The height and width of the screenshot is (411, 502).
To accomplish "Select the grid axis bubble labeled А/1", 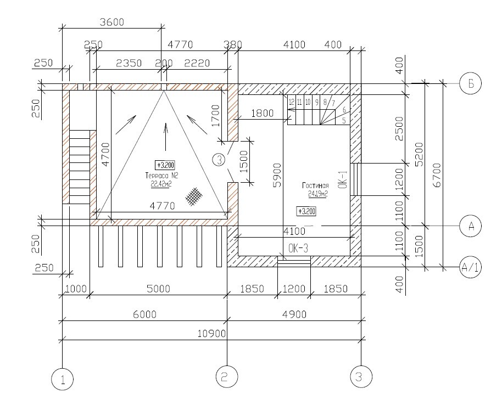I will click(470, 268).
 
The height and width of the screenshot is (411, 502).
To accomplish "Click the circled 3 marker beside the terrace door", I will click(219, 160).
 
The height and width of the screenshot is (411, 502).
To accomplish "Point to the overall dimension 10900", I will click(211, 334).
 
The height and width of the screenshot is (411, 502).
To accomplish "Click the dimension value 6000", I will click(144, 314).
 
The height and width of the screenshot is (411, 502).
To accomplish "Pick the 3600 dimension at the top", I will click(111, 22).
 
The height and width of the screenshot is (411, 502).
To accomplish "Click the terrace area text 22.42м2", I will click(162, 184).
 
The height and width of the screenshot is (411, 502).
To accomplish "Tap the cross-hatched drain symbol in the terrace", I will click(193, 196).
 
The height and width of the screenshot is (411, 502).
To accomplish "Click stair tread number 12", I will click(292, 102).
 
